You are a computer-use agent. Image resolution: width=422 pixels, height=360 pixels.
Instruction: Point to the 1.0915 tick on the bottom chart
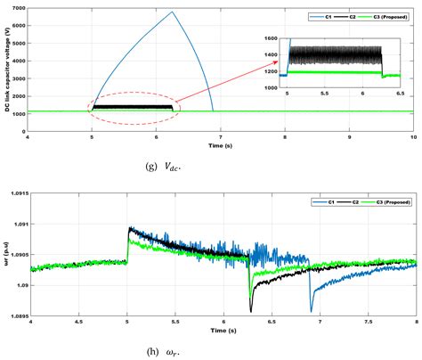coord(17,192)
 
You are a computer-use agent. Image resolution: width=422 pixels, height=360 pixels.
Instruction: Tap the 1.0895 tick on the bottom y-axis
coord(17,315)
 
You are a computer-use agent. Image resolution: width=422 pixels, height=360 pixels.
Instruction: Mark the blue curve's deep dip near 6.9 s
coord(311,310)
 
